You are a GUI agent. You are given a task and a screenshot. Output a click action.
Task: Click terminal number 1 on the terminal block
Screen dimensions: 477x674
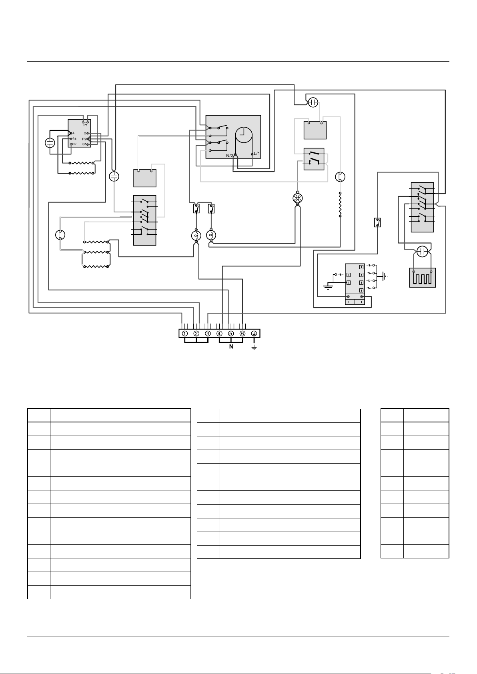pos(185,334)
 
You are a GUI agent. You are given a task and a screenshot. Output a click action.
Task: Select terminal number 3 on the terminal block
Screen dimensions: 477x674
pos(208,334)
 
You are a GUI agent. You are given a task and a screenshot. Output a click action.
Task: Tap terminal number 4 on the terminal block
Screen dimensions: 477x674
pos(219,334)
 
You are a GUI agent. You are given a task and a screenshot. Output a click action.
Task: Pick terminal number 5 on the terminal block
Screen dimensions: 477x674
pos(231,334)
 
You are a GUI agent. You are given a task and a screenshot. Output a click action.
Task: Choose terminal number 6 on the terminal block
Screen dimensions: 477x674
pos(243,334)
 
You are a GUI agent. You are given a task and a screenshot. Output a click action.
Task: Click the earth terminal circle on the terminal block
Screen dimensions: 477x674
pos(254,334)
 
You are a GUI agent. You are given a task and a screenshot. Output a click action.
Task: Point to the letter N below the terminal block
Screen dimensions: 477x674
pos(231,347)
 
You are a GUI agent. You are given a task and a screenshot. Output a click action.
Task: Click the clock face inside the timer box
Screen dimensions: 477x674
pos(244,135)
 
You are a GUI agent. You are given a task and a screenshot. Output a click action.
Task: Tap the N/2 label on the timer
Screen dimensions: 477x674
pos(230,156)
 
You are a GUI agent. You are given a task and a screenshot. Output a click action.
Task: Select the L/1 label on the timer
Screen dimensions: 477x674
pos(257,154)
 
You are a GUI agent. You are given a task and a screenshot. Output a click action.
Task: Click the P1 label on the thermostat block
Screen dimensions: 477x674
pos(86,125)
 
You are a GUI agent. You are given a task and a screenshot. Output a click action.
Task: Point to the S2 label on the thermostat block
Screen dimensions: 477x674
pos(74,144)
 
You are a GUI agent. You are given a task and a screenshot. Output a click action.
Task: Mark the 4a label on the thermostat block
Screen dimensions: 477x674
pos(74,138)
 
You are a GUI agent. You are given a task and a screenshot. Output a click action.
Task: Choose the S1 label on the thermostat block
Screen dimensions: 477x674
pos(84,144)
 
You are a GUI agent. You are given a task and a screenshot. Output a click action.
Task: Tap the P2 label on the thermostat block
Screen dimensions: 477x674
pos(84,139)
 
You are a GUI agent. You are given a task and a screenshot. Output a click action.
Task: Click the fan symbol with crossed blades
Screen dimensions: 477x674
pos(297,198)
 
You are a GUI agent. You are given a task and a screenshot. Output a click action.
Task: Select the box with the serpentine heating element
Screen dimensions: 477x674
pos(422,278)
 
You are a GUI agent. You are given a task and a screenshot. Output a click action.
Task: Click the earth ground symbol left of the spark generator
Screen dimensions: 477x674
pos(327,288)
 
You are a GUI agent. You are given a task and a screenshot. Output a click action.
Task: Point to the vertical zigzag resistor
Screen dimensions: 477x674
pos(341,204)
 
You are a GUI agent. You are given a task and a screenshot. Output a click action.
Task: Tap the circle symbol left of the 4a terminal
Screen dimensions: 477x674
pos(50,143)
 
